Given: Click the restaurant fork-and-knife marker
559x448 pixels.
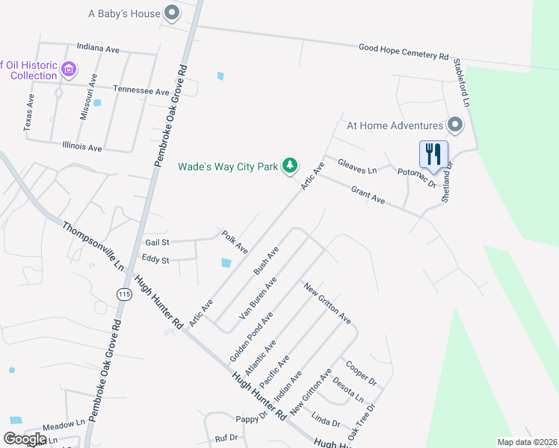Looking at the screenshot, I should pos(433,155).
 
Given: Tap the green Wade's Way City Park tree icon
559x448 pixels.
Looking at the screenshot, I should pos(290,166).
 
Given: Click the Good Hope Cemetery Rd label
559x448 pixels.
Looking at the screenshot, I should pos(403,51).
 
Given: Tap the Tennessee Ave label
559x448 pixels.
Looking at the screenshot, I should pos(141,90).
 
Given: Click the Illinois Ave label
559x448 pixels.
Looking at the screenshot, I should pos(82,148).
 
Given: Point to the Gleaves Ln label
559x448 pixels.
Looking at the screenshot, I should pos(356,165).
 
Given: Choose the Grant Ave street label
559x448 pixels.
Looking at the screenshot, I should pos(368,196).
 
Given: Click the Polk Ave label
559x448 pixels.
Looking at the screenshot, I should pos(235,242).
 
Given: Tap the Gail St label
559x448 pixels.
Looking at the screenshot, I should pos(158,242).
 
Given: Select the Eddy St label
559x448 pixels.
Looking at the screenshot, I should pos(155,260).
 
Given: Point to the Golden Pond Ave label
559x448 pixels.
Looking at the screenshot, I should pos(251,337).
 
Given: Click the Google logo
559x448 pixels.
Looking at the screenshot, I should pos(25,439).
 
